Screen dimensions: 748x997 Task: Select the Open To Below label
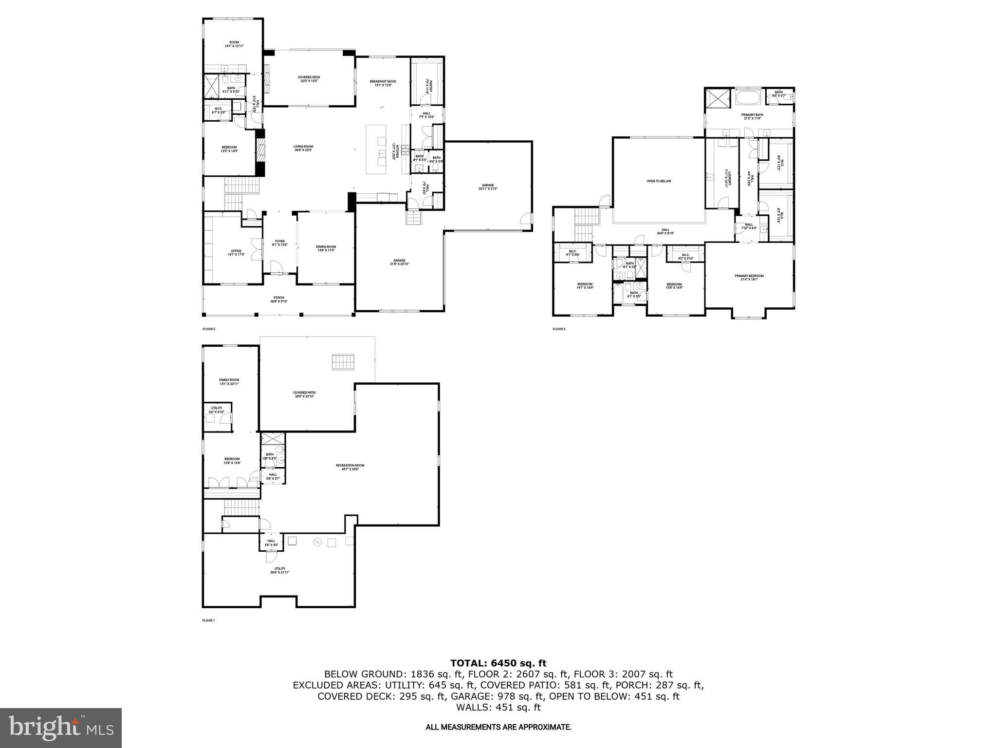pos(658,181)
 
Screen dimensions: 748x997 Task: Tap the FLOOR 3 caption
pos(558,329)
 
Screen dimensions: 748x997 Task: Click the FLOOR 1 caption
pos(208,620)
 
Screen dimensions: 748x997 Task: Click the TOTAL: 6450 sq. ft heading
pos(498,663)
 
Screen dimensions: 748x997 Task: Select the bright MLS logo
pos(61,728)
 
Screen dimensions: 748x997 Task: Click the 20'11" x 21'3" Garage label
pos(488,187)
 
